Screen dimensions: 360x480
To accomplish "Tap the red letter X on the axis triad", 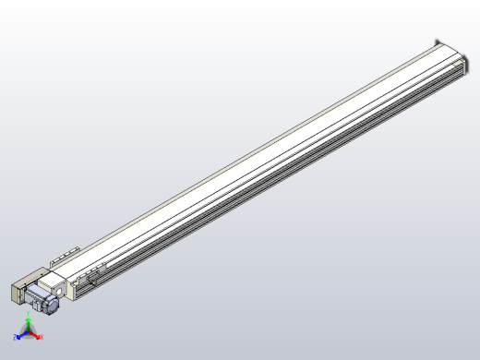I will [42, 338].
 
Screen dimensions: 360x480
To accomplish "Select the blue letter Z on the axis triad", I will [16, 338].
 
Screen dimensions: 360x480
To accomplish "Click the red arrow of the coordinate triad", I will [35, 335].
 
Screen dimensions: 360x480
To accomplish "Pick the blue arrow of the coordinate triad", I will [21, 335].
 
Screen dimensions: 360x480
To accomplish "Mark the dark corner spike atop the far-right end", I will [437, 39].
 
